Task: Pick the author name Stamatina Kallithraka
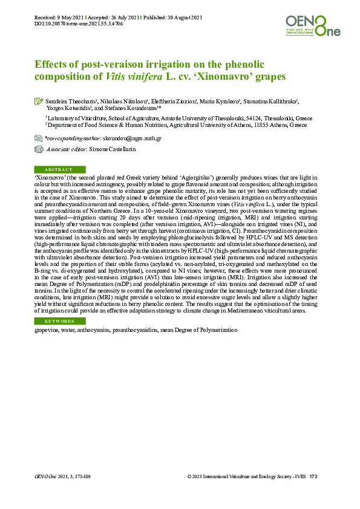(272, 101)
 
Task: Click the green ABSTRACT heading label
(59, 170)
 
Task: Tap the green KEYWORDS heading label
(59, 321)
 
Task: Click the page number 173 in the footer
(313, 477)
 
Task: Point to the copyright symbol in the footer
(190, 477)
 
